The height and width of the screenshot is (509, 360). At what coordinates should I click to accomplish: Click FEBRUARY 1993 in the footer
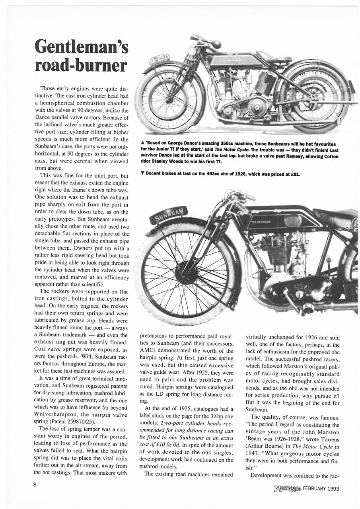click(321, 489)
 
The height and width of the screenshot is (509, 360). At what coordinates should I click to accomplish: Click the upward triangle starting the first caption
click(142, 144)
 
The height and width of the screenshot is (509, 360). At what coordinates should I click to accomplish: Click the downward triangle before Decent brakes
click(142, 174)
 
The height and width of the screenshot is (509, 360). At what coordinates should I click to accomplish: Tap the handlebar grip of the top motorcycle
click(215, 44)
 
